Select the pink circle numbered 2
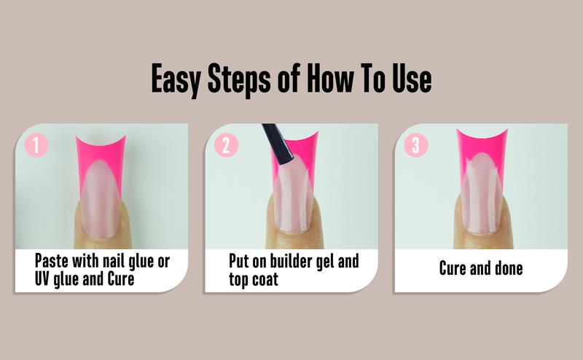[226, 144]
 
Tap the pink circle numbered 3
[415, 144]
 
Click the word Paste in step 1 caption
[53, 260]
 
